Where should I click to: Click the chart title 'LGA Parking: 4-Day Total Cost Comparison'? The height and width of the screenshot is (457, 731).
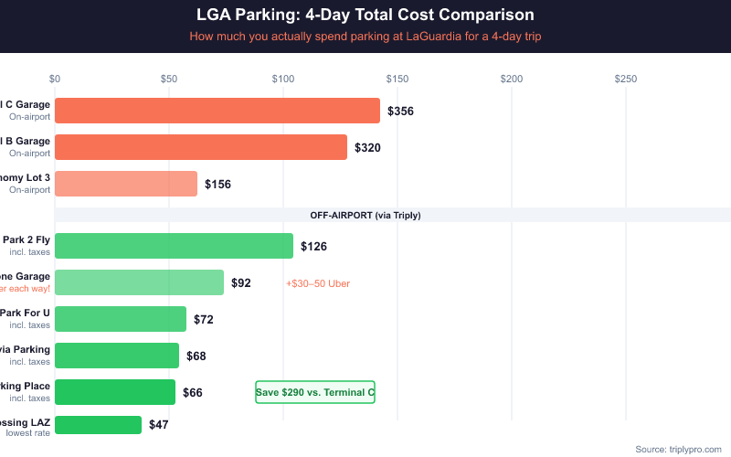(365, 16)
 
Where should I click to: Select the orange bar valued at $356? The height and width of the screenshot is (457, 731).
(217, 111)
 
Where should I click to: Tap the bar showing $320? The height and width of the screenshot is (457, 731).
(201, 147)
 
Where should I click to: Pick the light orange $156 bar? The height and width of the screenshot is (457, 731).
(126, 184)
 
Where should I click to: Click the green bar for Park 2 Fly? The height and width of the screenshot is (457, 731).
(174, 246)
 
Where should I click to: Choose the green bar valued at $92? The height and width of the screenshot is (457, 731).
(139, 282)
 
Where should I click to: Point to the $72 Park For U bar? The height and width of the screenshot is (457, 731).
(121, 319)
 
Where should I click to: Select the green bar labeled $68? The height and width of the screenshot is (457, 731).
(117, 356)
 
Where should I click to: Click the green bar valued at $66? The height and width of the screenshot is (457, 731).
(115, 392)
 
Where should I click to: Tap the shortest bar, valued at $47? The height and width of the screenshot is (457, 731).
(99, 425)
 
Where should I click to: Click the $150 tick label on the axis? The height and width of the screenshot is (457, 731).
(397, 80)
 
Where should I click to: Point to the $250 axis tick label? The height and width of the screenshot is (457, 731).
(626, 80)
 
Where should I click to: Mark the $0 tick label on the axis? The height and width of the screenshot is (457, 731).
(55, 80)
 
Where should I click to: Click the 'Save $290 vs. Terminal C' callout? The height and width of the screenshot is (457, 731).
(315, 392)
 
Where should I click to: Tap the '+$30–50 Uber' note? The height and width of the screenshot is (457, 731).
(318, 283)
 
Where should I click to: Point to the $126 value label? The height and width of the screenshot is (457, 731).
(313, 247)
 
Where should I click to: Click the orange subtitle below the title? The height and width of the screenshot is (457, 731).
(365, 37)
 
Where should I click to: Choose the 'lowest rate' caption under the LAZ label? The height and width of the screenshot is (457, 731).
(28, 432)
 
